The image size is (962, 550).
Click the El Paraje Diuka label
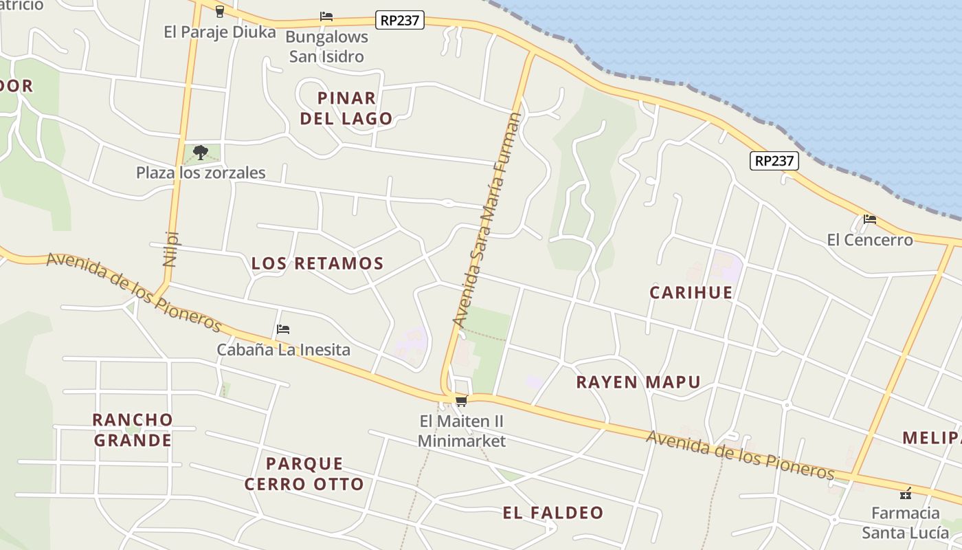click(219, 32)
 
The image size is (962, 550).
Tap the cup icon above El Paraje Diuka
click(219, 11)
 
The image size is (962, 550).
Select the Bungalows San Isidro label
click(326, 47)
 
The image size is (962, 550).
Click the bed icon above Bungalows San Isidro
click(326, 16)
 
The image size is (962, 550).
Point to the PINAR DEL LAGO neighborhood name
click(346, 108)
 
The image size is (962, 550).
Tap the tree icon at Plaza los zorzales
click(201, 152)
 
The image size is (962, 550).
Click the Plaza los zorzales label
click(201, 173)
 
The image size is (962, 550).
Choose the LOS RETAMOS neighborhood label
click(317, 263)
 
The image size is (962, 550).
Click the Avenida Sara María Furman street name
click(486, 219)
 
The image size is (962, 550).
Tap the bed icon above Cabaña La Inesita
click(283, 329)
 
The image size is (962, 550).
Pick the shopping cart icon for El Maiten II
click(461, 401)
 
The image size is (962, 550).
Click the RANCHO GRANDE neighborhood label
click(133, 430)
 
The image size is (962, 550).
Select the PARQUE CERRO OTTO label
click(304, 474)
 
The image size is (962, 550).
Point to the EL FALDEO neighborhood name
click(552, 513)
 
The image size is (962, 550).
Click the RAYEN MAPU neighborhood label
click(638, 382)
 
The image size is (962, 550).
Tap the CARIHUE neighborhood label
click(691, 292)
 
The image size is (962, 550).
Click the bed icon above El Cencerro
click(870, 219)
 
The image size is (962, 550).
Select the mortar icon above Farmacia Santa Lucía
click(905, 493)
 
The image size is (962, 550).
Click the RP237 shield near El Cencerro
click(774, 161)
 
